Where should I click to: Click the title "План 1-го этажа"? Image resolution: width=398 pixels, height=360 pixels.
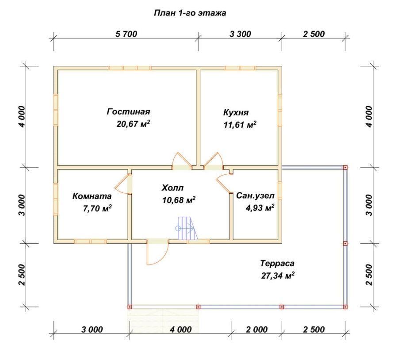pos(190,13)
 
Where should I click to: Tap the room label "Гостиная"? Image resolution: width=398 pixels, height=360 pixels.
pos(128,112)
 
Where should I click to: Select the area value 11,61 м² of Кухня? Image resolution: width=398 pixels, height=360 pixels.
pos(240,125)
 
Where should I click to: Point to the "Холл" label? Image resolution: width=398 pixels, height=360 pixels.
pos(172,188)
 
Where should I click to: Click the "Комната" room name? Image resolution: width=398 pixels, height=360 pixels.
pos(92,196)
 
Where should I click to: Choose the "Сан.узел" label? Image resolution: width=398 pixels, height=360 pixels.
pos(255,196)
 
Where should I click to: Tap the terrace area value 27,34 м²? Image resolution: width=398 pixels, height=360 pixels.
pos(278,276)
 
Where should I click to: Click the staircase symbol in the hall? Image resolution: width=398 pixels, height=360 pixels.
pos(188,228)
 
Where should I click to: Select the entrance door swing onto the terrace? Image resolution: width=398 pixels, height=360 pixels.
pos(157,253)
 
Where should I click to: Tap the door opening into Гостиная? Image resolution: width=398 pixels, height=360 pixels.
pos(182,161)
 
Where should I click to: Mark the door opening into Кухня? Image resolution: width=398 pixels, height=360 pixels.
pos(213,161)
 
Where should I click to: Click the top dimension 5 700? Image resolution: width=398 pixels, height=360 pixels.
pos(126,34)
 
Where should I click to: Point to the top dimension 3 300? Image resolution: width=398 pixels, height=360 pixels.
pos(240,34)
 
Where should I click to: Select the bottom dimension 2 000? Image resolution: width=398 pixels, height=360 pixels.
pos(256,329)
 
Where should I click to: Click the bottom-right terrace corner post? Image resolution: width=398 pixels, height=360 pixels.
pos(345,307)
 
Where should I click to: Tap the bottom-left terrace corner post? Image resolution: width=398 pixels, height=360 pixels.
pos(130,307)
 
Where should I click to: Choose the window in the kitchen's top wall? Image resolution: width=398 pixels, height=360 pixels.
pos(240,68)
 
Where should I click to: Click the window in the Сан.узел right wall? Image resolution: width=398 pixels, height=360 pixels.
pos(280,191)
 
